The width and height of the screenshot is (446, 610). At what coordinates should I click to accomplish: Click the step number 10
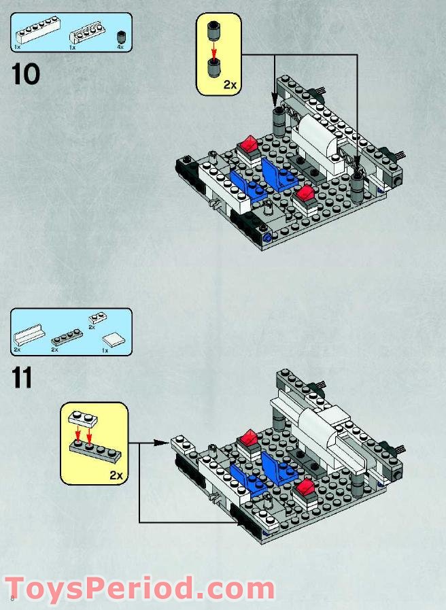26,74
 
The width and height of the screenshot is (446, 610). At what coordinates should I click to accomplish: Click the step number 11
22,377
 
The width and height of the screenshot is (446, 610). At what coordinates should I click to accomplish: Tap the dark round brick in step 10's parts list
122,36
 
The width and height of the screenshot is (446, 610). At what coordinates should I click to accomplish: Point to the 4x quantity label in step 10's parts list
120,48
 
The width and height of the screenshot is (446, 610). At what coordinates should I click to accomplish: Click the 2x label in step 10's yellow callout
230,85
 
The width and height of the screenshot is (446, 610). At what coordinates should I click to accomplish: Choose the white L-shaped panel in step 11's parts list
28,337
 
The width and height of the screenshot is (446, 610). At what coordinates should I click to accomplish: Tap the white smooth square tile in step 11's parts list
112,339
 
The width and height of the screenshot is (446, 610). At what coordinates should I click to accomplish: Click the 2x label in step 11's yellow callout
116,475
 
